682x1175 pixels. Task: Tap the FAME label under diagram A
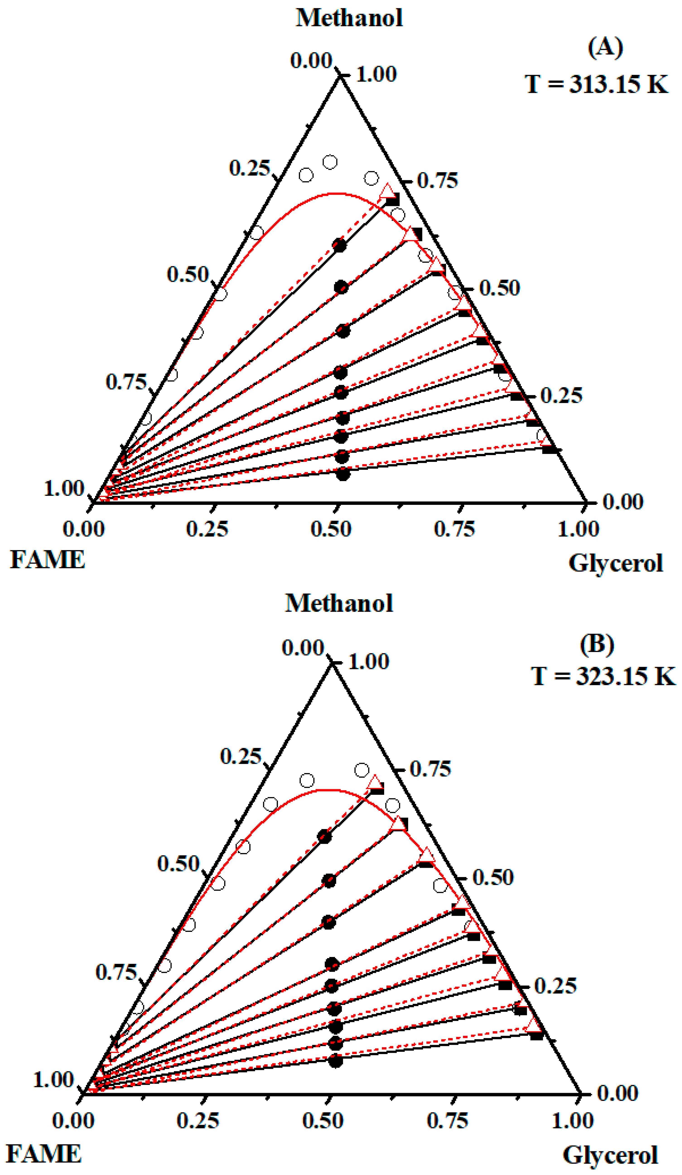click(48, 559)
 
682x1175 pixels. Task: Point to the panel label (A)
click(605, 48)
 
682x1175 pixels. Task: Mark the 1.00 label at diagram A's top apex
click(376, 74)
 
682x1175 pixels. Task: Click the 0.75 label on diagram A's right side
click(437, 180)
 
